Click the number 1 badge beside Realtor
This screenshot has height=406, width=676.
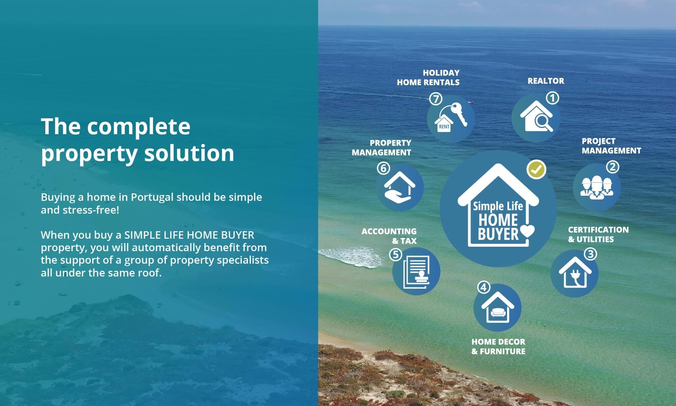click(553, 98)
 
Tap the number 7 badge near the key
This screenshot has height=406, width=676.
click(436, 99)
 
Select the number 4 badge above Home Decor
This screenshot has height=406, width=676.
click(484, 287)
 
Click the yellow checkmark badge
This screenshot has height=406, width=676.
click(536, 169)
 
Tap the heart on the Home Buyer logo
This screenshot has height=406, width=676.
click(527, 232)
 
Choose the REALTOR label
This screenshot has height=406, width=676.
click(546, 81)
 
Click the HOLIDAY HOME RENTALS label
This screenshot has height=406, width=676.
click(428, 77)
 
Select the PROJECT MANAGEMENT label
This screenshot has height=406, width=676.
click(611, 146)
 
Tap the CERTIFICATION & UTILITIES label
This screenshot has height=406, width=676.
click(598, 234)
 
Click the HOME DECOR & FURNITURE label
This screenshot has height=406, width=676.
click(498, 347)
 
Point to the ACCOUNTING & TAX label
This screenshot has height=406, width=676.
click(389, 236)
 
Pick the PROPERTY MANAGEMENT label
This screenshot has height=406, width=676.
click(381, 147)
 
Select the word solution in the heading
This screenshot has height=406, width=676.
click(189, 153)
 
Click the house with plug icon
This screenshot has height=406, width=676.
click(575, 272)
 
